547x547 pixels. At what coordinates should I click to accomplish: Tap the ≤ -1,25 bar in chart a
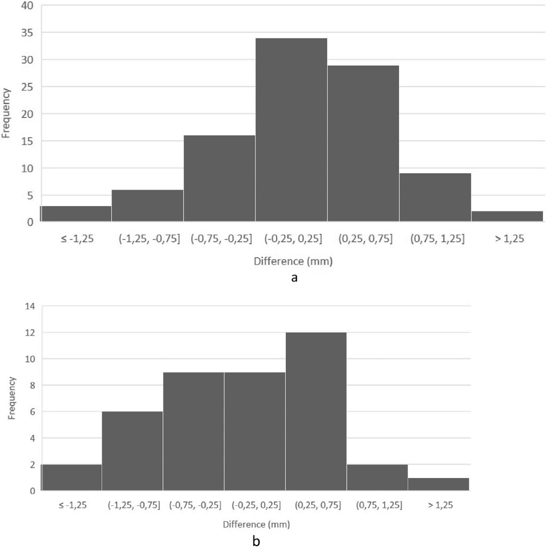tap(76, 214)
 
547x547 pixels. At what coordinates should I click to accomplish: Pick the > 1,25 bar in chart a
tap(507, 216)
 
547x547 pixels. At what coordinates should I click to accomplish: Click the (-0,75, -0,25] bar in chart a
tap(220, 178)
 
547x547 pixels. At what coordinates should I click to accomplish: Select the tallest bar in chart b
tap(316, 411)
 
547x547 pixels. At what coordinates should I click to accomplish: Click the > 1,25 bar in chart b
tap(438, 484)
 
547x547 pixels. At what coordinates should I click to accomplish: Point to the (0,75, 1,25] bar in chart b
tap(377, 478)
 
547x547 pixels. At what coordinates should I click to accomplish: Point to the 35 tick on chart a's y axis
tap(27, 33)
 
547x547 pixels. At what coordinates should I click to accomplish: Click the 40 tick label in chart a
tap(27, 6)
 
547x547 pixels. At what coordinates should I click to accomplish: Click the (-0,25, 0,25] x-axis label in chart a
tap(291, 239)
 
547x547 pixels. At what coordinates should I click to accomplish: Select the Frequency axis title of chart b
tap(12, 397)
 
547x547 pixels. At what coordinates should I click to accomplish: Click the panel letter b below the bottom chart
tap(256, 541)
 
